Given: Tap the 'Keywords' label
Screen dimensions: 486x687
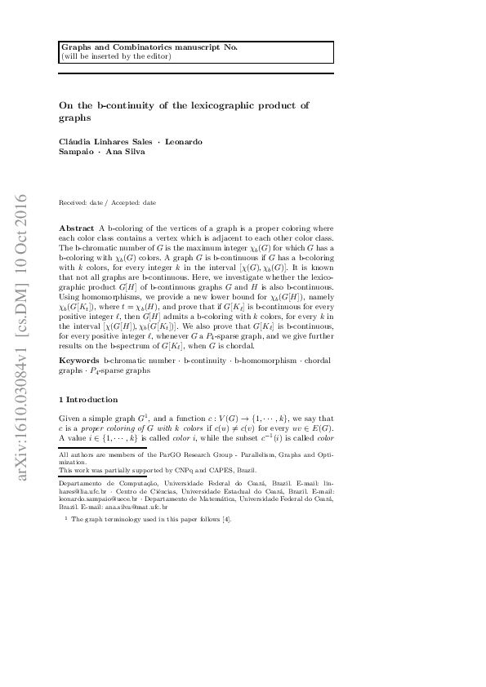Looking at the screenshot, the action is tap(79, 360).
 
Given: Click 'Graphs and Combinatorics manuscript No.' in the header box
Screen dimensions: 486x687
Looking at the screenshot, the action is tap(149, 47).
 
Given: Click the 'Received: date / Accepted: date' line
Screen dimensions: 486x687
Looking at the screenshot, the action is tap(108, 202).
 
